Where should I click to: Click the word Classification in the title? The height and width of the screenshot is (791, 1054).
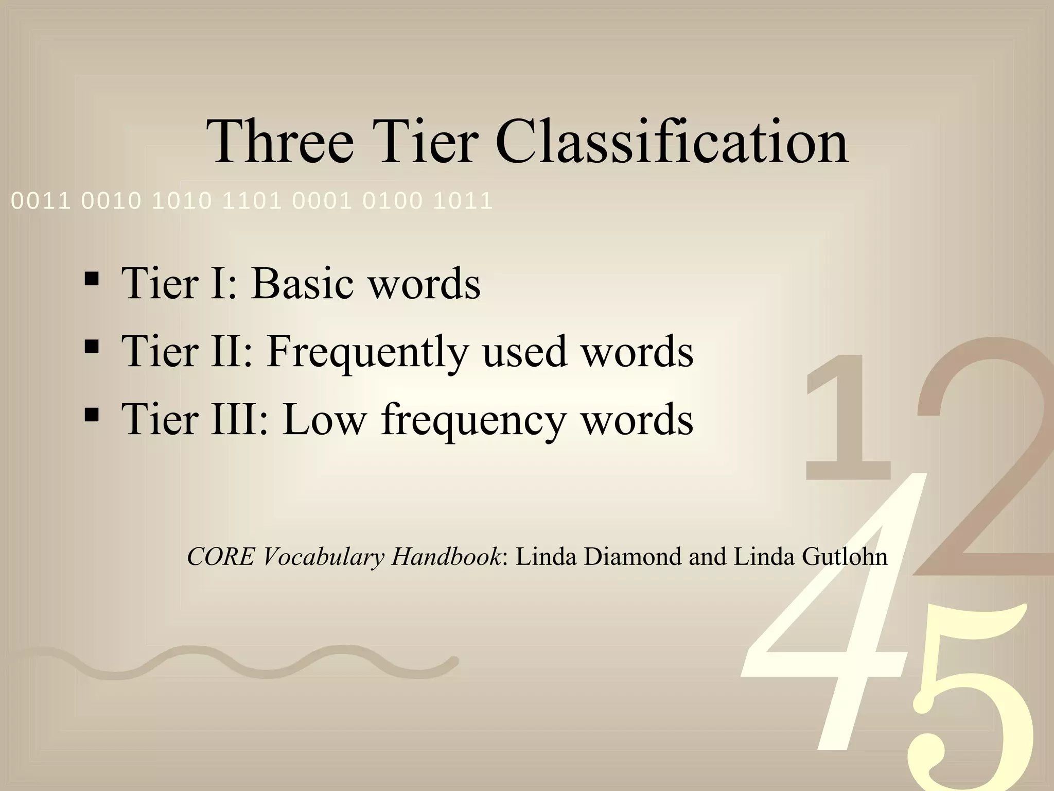671,141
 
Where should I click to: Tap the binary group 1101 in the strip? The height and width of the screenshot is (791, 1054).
252,201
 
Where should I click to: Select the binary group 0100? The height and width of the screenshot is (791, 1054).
392,201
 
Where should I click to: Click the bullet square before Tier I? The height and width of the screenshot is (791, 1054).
91,279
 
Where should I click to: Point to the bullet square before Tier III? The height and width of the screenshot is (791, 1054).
91,414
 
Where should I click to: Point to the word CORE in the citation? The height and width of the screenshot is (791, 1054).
220,557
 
